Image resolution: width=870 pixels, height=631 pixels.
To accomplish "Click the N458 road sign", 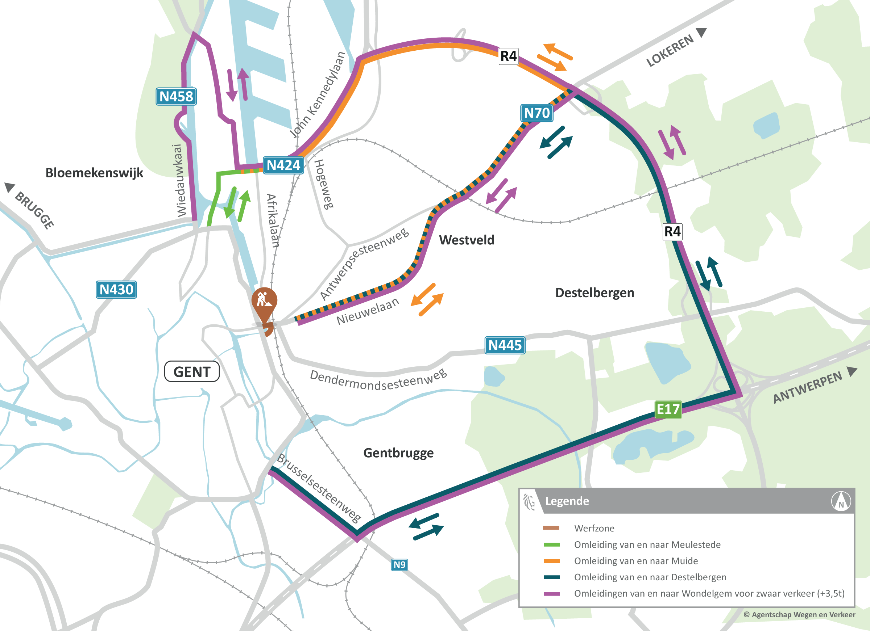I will pos(176,96).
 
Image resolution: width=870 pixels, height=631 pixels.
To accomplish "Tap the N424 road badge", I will pos(283,165).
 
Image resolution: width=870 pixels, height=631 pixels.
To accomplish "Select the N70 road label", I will pos(536,113).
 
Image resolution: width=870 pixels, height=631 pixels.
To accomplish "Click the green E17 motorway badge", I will pos(668,409).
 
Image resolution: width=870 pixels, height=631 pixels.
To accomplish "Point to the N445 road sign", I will pos(505,345).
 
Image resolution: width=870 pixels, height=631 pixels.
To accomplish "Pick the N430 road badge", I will pos(116,289).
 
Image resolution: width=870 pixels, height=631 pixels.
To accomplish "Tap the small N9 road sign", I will pos(399,565).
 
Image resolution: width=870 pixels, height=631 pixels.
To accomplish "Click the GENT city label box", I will pos(192,371).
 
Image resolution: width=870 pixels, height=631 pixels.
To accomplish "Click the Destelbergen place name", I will pos(594,293).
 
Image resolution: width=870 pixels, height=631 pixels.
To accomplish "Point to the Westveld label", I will pos(467,240).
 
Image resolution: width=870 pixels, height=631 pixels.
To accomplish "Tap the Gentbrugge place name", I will pos(398,453).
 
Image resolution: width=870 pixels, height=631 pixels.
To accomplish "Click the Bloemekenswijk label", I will pos(94,173).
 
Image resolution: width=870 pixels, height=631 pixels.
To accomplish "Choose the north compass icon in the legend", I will pos(841,501).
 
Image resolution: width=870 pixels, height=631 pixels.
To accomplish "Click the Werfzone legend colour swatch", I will pos(551,528).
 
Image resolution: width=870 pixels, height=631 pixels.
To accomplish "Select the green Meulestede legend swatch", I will pos(551,544).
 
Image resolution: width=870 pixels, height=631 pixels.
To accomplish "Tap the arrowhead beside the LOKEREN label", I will pos(701,32).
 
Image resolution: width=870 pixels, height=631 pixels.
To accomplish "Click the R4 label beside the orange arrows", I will pos(509,56).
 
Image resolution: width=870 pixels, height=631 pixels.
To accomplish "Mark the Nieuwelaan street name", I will pos(368,311).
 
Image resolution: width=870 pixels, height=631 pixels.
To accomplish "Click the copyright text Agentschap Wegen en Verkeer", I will pos(799,614).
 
